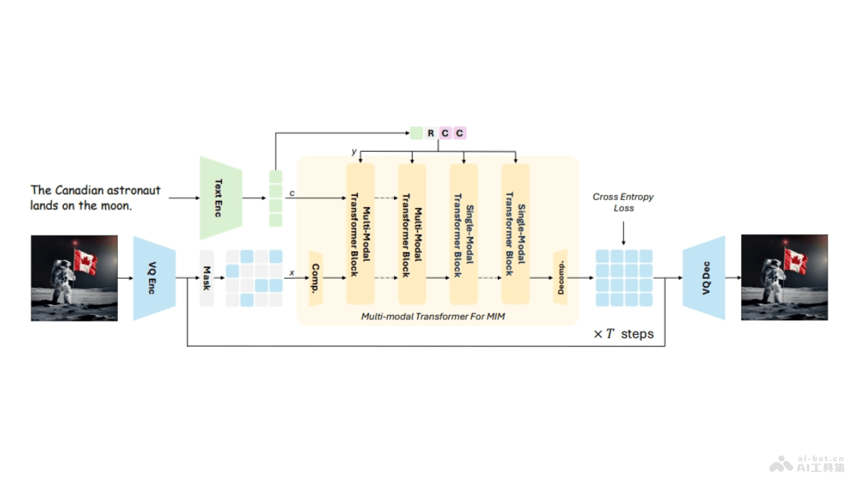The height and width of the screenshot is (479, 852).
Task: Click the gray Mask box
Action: (x=207, y=278)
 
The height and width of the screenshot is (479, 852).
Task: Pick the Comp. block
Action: (x=315, y=278)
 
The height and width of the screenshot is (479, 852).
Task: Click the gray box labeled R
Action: (x=431, y=133)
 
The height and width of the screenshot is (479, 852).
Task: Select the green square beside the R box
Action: (x=416, y=133)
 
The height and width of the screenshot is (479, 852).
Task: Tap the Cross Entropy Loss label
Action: (x=623, y=202)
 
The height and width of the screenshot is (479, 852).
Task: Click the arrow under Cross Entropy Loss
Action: (x=623, y=232)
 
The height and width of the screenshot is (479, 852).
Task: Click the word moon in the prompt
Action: (x=117, y=206)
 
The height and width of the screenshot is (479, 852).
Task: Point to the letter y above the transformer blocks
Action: (x=354, y=152)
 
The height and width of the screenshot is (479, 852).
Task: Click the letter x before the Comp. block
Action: (x=292, y=272)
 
